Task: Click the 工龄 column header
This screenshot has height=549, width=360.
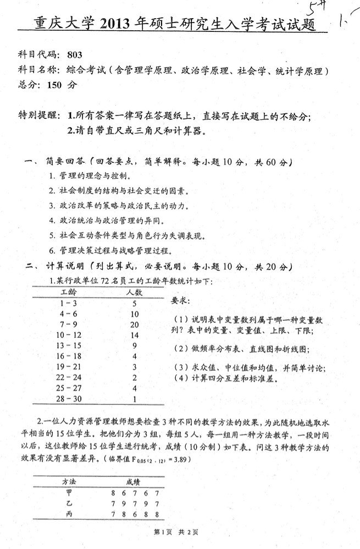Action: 69,292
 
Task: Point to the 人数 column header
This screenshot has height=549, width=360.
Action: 134,292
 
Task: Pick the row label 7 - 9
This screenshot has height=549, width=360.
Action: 68,325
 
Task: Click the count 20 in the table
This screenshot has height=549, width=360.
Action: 134,325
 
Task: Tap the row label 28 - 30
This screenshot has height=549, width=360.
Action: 68,398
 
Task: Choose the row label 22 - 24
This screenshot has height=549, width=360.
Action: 68,377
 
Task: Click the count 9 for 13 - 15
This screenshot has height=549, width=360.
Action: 134,345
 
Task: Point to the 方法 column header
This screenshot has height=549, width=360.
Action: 69,480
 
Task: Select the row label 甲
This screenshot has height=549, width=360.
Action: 68,492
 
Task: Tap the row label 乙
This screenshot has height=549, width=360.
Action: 68,503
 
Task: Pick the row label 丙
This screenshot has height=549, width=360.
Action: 68,514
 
